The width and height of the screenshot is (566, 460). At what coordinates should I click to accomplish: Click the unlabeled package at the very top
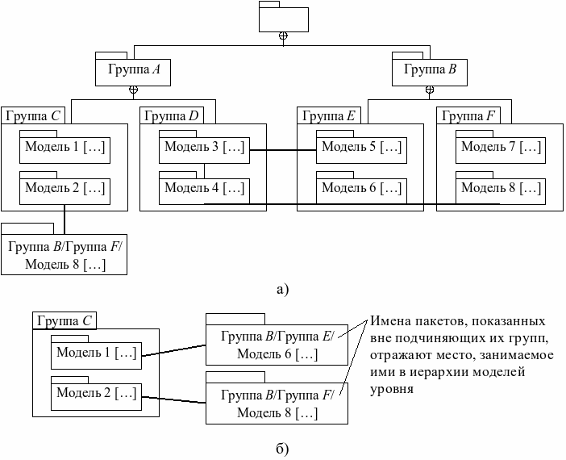click(x=282, y=19)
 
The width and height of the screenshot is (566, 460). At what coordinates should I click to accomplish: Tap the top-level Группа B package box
click(x=430, y=70)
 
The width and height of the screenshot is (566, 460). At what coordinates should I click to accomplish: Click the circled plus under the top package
click(x=282, y=36)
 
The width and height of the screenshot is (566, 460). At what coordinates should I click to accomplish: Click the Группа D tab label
click(x=171, y=115)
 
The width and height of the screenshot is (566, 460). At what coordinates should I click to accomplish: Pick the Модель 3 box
click(x=204, y=147)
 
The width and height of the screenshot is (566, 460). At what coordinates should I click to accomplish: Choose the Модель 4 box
click(x=204, y=189)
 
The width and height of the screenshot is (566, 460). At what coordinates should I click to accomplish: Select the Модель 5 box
click(x=361, y=147)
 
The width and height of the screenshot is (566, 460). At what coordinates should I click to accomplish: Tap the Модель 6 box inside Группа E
click(x=361, y=189)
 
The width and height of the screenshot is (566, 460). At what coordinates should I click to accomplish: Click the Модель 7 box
click(x=501, y=147)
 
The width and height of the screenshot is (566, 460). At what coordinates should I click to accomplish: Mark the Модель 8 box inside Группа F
click(x=501, y=189)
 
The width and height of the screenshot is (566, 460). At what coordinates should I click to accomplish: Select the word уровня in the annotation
click(x=392, y=389)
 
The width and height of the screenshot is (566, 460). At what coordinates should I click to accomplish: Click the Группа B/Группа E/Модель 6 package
click(x=277, y=345)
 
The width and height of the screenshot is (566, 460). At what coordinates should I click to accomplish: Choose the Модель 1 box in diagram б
click(x=95, y=353)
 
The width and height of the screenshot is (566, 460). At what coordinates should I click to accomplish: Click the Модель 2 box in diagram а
click(x=65, y=189)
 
